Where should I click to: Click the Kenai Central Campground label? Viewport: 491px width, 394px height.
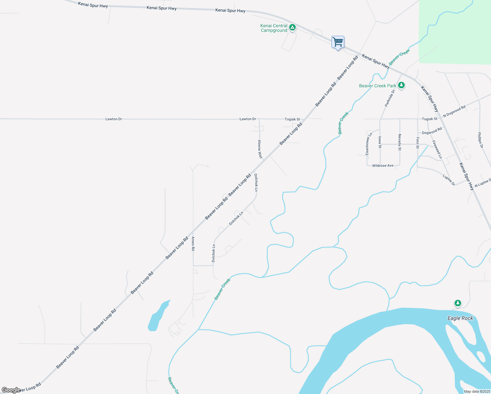pos(274,28)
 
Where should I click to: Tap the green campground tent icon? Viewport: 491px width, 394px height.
pos(292,27)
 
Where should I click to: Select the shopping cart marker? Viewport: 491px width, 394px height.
pos(338,42)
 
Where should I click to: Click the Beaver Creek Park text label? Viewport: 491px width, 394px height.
pos(377,86)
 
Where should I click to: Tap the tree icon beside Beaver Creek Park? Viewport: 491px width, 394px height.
pos(401,85)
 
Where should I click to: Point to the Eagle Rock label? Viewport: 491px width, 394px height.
pos(460,318)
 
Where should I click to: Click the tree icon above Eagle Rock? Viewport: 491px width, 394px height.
pos(458,303)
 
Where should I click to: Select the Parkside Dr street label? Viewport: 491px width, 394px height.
pos(390,98)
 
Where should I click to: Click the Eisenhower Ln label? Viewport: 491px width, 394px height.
pos(369,144)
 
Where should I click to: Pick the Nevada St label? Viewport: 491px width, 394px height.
pos(400,142)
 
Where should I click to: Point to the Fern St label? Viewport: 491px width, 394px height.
pos(417,143)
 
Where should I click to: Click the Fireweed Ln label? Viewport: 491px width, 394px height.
pos(437,149)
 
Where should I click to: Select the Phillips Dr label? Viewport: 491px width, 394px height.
pos(480,140)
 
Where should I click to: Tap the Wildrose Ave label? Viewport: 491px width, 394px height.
pos(383,166)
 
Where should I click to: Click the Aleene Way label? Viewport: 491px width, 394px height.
pos(260,149)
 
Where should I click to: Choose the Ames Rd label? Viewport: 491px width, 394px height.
pos(193,244)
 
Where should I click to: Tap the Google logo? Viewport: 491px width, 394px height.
pos(11,390)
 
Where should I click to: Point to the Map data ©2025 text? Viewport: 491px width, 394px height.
pos(477,391)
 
